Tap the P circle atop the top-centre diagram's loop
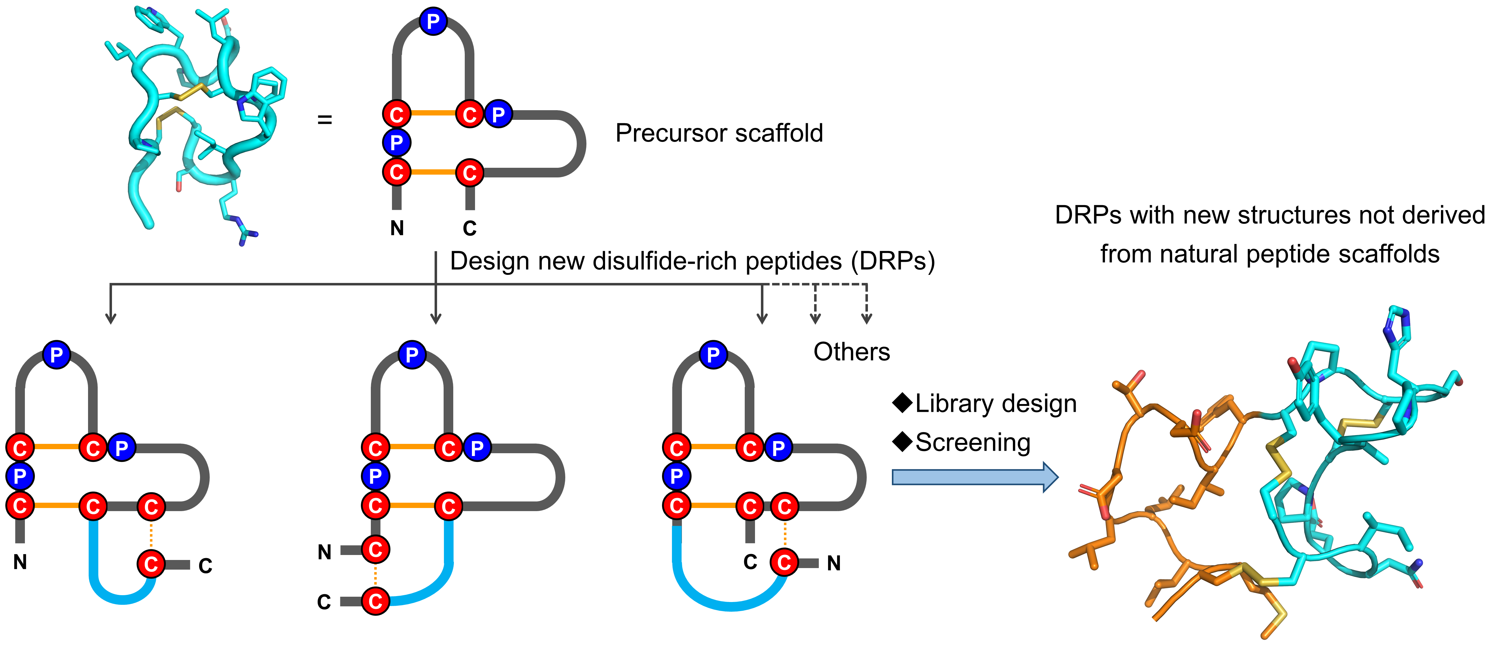(x=433, y=22)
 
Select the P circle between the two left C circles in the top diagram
(x=396, y=143)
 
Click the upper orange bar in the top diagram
(x=433, y=113)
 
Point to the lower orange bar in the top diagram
(x=433, y=172)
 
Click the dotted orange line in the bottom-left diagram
(x=151, y=535)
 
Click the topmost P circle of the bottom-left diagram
(x=56, y=355)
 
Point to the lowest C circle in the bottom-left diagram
(x=151, y=564)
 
